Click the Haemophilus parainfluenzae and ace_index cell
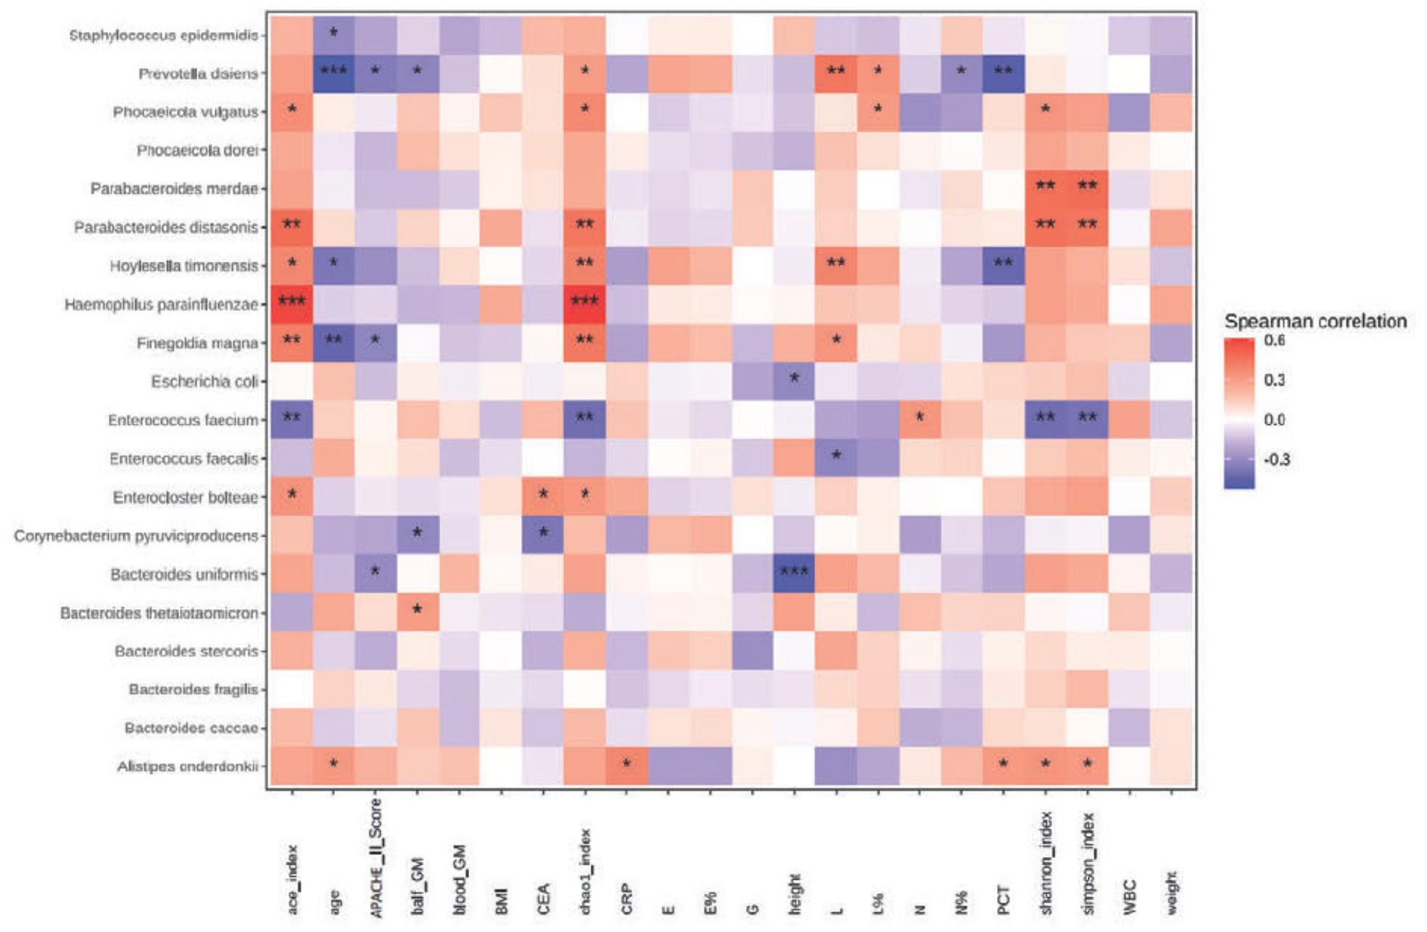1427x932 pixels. pyautogui.click(x=291, y=304)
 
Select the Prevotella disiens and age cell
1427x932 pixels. pyautogui.click(x=334, y=73)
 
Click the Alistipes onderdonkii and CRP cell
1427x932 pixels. pyautogui.click(x=626, y=766)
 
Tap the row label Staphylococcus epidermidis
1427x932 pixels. pyautogui.click(x=163, y=35)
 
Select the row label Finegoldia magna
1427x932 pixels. pyautogui.click(x=197, y=342)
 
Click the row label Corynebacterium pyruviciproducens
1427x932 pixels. pyautogui.click(x=136, y=535)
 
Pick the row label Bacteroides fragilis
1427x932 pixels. pyautogui.click(x=193, y=689)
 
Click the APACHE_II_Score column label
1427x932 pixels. pyautogui.click(x=376, y=858)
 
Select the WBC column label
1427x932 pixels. pyautogui.click(x=1129, y=897)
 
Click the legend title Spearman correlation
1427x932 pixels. pyautogui.click(x=1315, y=321)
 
